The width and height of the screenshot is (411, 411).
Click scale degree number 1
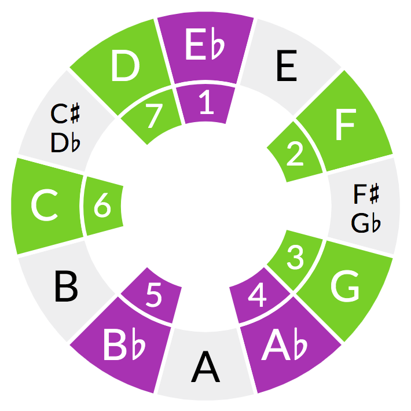(x=205, y=104)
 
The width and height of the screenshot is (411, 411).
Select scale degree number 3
(x=295, y=259)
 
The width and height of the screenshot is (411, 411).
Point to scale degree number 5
(x=153, y=295)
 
